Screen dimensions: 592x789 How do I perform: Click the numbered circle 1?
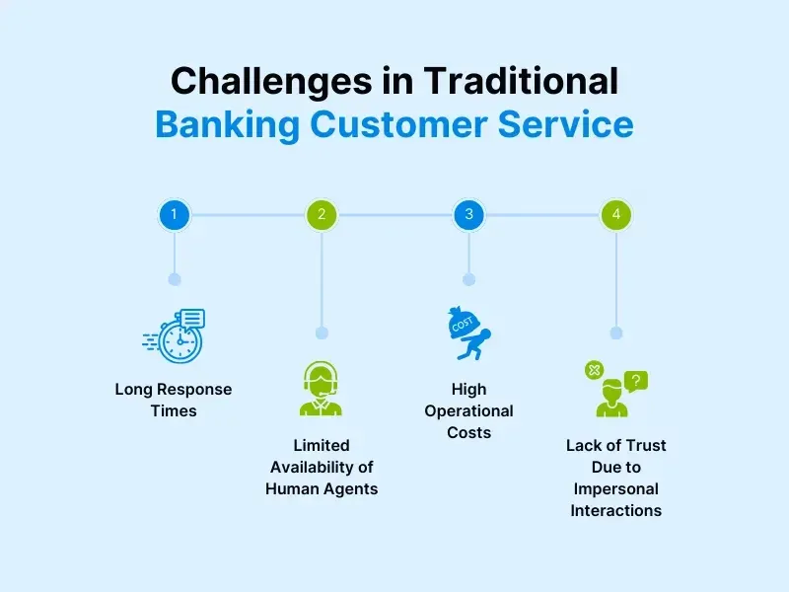[174, 214]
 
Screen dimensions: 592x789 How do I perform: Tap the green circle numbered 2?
[322, 214]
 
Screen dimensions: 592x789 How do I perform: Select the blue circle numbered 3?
[468, 214]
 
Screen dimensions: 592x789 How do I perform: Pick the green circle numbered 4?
[616, 214]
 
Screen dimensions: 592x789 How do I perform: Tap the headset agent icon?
[322, 389]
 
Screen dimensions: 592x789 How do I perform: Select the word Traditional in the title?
[523, 80]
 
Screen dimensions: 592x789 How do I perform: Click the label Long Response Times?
[175, 400]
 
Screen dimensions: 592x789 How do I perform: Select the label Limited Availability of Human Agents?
[322, 467]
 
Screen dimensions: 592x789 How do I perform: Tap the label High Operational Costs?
[469, 410]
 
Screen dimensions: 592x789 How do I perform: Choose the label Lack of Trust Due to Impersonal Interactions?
[616, 478]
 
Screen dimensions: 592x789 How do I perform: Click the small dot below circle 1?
[175, 279]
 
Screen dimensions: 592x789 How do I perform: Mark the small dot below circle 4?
[616, 333]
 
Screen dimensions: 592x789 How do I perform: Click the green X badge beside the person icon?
[594, 370]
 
